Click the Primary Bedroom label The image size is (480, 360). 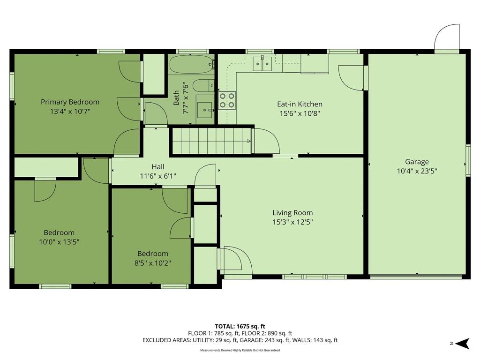pos(70,102)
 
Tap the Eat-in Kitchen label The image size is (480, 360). pos(300,104)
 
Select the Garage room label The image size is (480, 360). pos(417,162)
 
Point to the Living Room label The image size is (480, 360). pos(292,213)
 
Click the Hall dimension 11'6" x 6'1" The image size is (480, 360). pos(158,176)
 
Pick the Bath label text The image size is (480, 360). pos(176,97)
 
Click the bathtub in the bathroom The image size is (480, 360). pos(191,64)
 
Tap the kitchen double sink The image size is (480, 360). pos(262,64)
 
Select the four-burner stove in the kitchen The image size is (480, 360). pos(227,100)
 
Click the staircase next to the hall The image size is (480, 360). pos(211,141)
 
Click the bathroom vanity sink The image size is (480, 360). pos(204,110)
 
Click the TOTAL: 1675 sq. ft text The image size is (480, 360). pos(240,326)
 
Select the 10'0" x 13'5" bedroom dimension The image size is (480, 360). pos(59,242)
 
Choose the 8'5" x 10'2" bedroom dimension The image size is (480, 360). pos(152,263)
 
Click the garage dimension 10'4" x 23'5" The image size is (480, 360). pos(417,171)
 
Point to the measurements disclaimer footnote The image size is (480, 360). pos(240,350)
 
